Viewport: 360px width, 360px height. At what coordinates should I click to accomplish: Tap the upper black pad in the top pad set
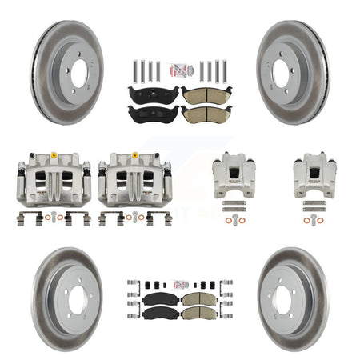pyautogui.click(x=153, y=94)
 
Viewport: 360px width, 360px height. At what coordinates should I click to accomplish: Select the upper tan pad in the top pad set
pyautogui.click(x=206, y=94)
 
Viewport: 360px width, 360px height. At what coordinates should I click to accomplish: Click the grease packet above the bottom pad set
pyautogui.click(x=180, y=283)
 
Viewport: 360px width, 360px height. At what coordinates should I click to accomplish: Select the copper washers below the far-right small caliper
pyautogui.click(x=314, y=213)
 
